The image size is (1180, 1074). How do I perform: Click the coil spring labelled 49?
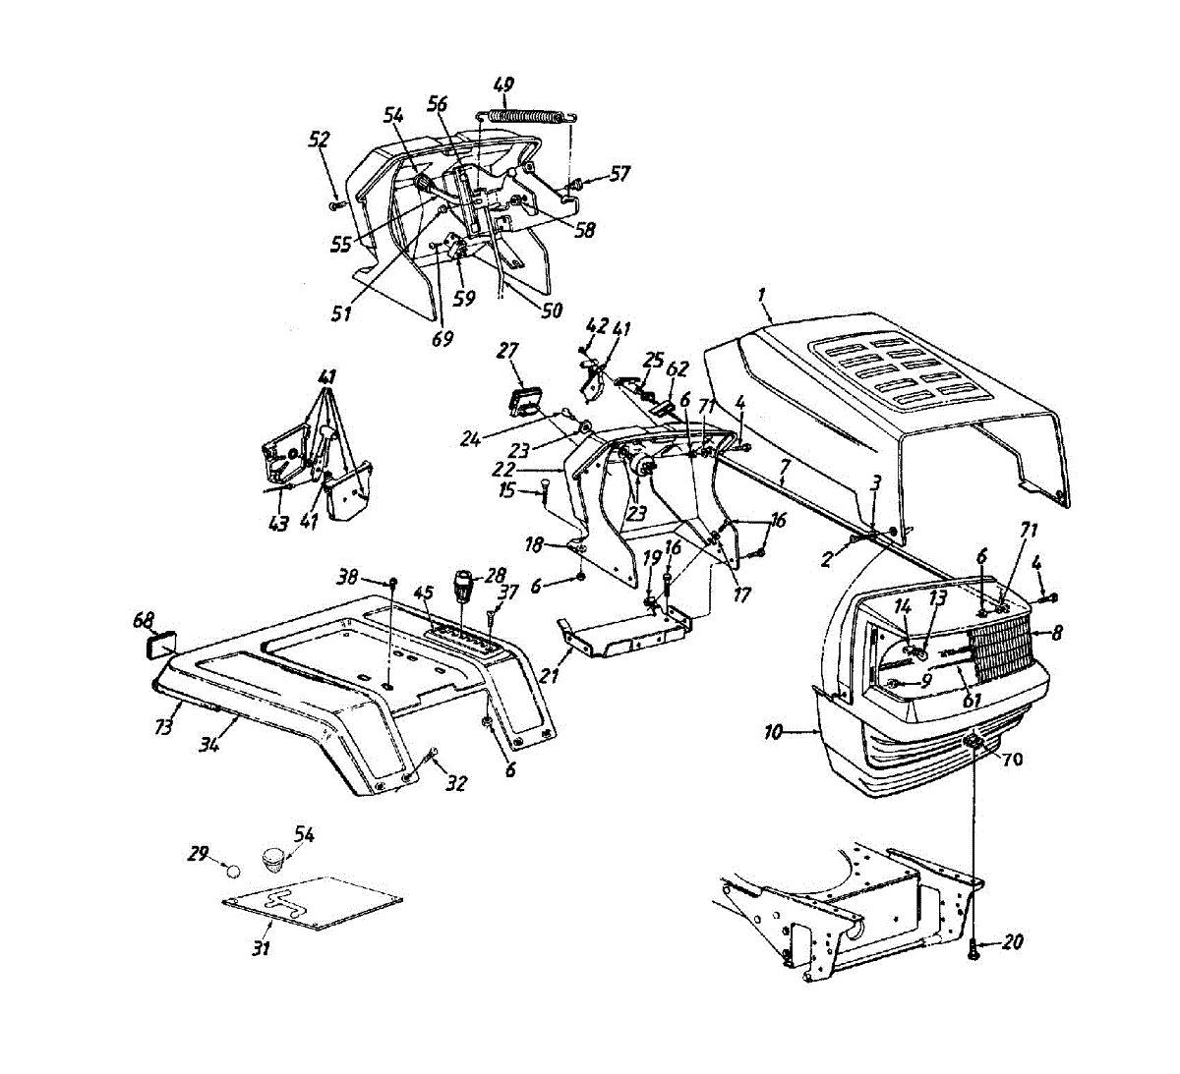527,115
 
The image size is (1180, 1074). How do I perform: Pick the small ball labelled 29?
232,870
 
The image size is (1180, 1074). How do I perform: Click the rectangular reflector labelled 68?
160,645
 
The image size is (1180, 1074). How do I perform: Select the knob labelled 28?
464,587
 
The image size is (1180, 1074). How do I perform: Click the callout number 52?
319,140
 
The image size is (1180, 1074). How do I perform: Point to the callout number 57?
619,174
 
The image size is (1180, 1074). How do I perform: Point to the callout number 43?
278,524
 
